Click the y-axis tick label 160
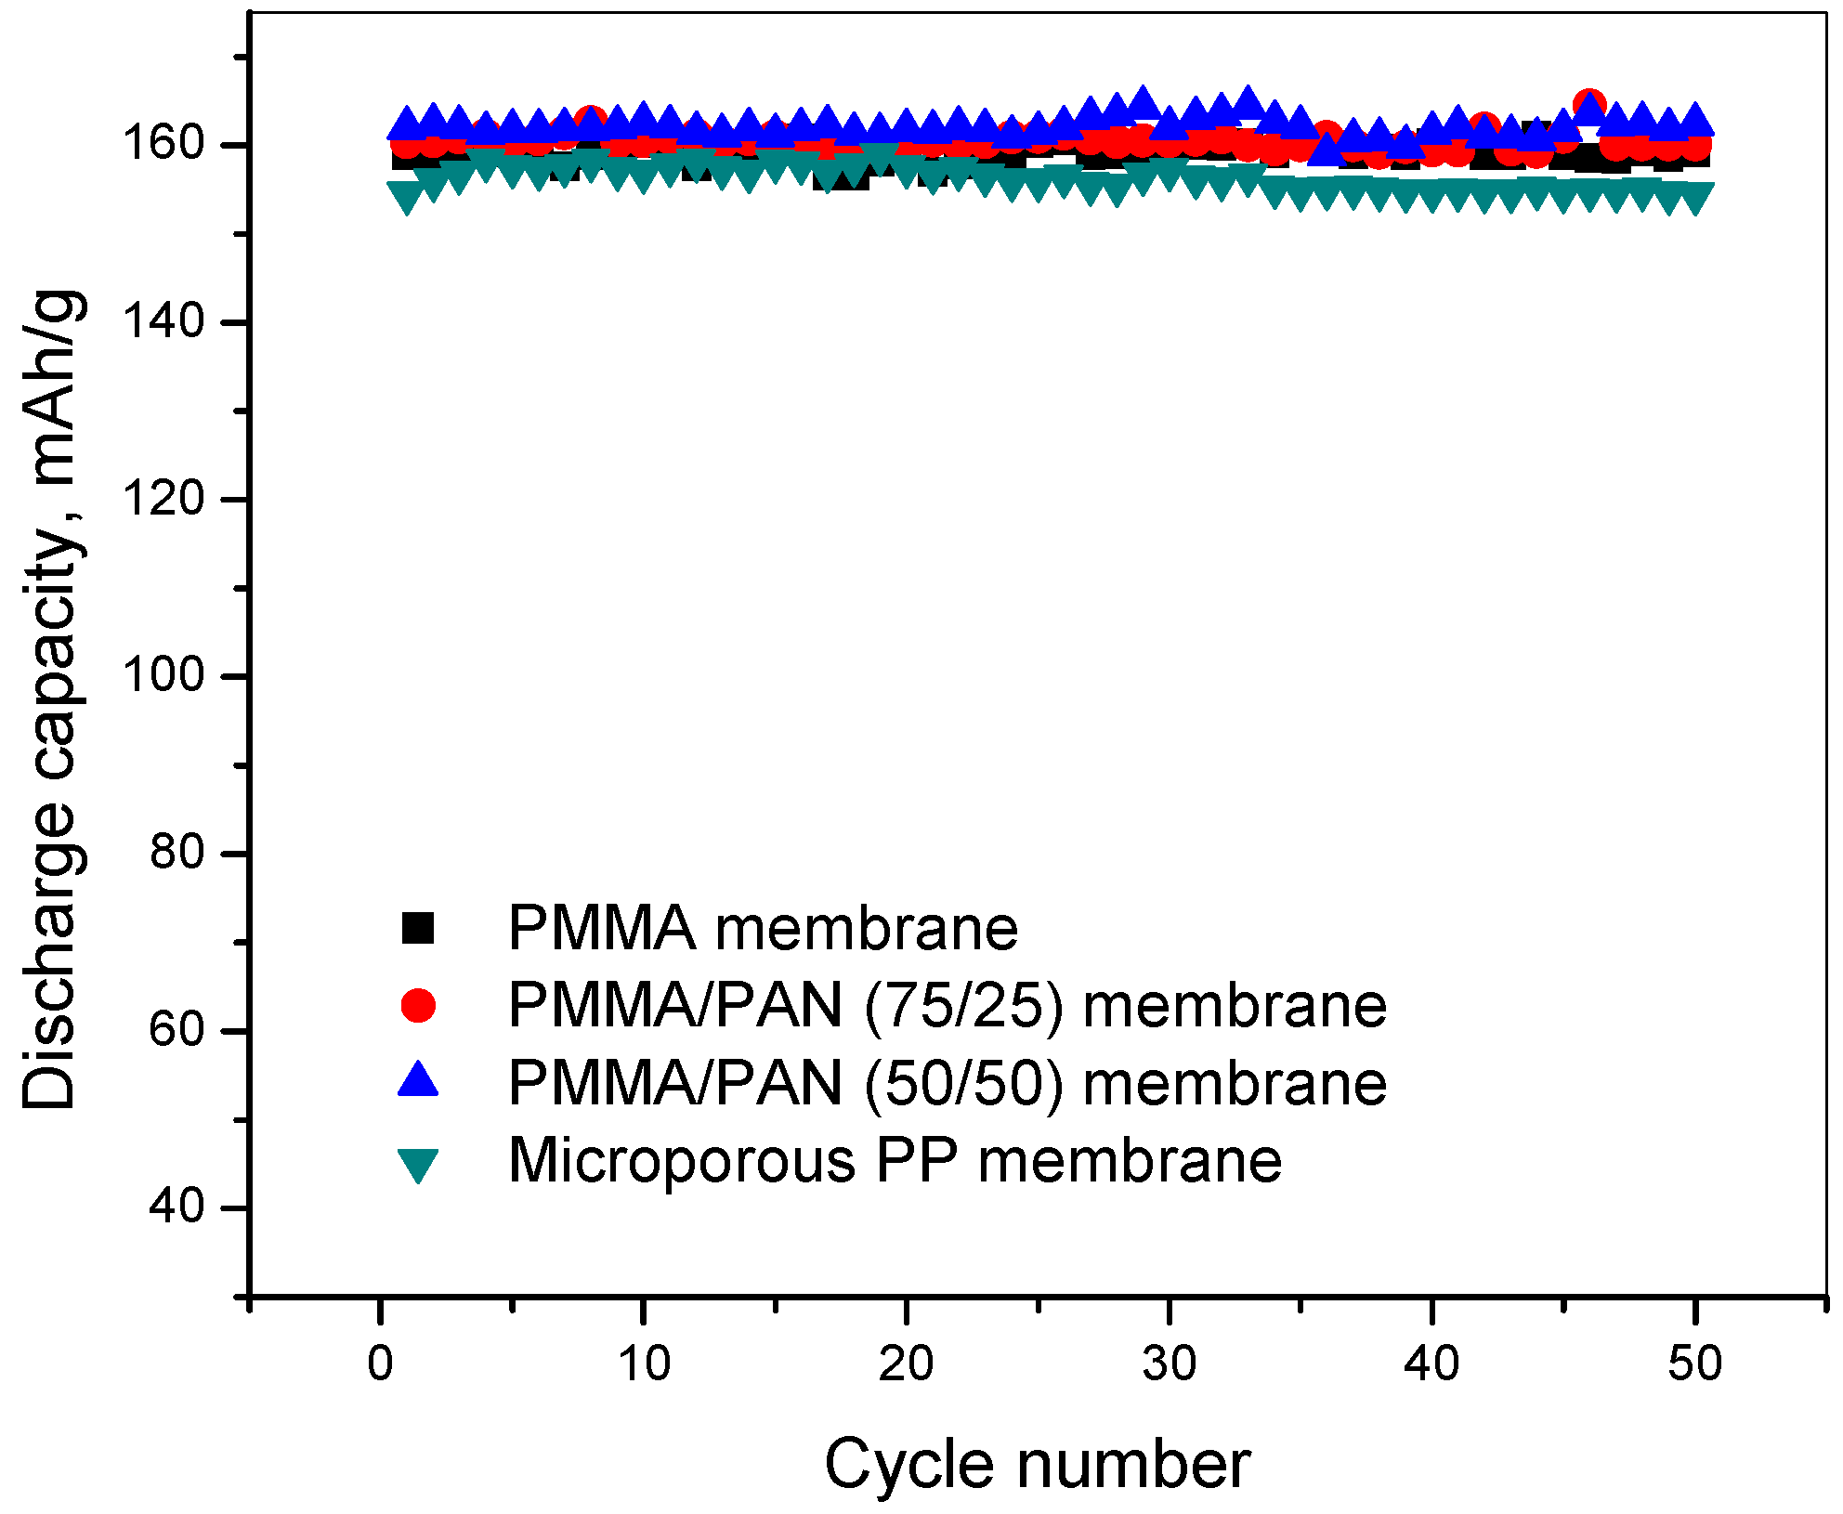[163, 144]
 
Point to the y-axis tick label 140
[163, 321]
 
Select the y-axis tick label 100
[163, 675]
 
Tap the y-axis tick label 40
[176, 1207]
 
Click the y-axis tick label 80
[176, 853]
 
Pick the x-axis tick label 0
[380, 1364]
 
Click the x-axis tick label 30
[1169, 1364]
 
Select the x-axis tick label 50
[1694, 1364]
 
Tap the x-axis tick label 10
[643, 1364]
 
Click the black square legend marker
[418, 928]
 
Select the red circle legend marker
[418, 1005]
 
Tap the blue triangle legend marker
[418, 1080]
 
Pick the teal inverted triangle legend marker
[418, 1163]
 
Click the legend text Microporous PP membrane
[895, 1161]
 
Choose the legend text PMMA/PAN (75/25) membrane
[947, 1006]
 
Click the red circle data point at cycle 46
[1590, 105]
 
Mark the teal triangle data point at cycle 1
[407, 197]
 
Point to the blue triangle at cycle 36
[1327, 149]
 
